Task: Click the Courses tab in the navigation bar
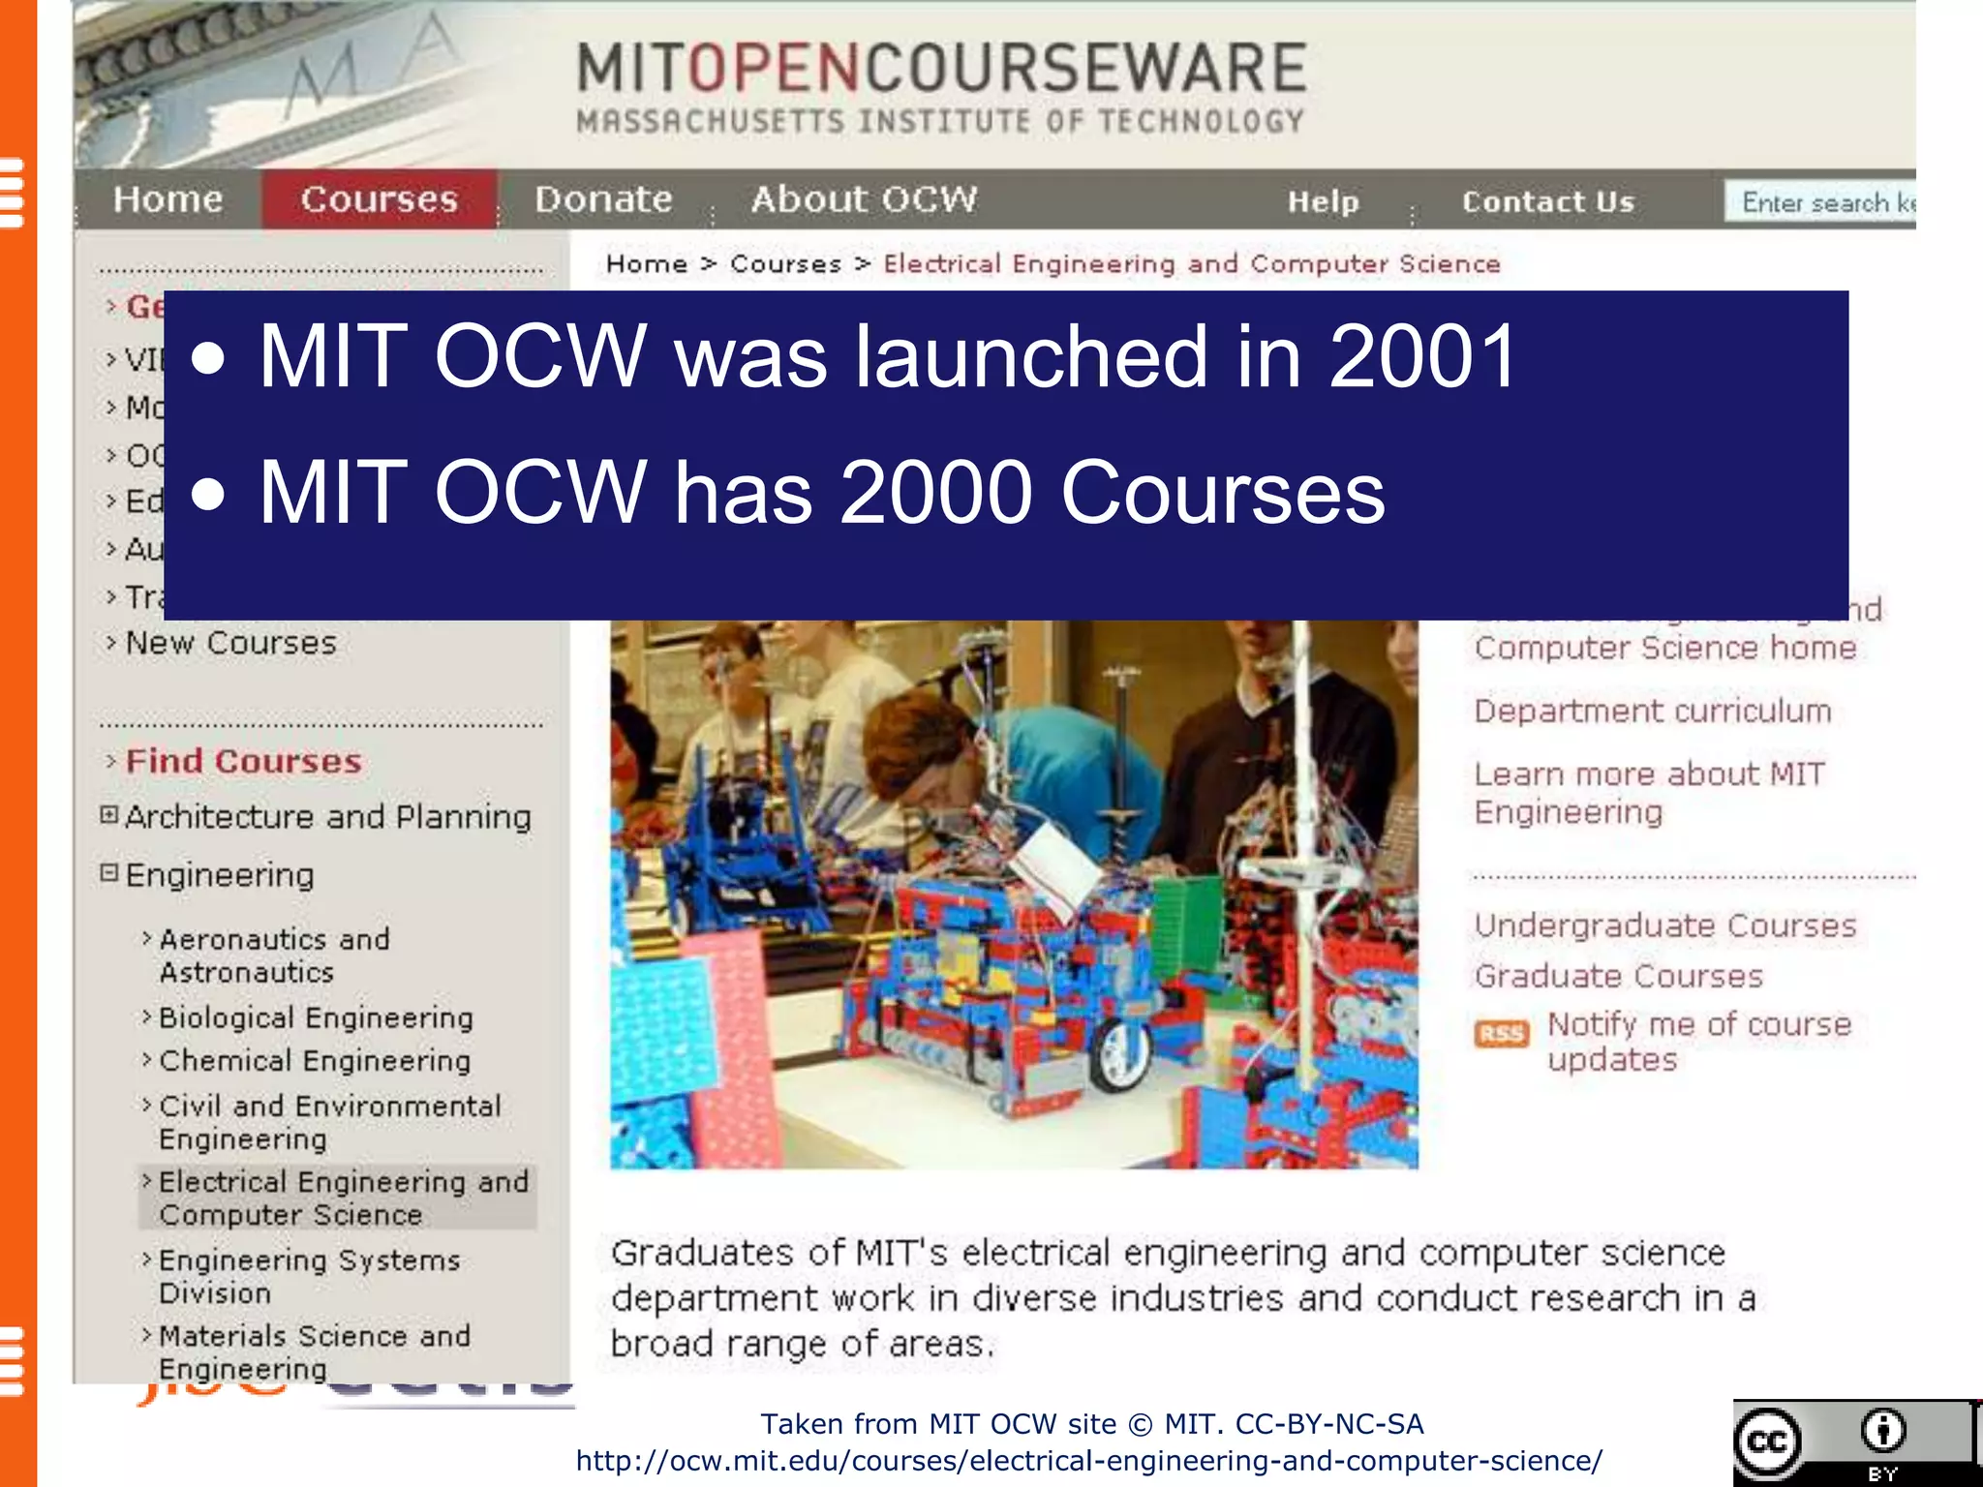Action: [x=379, y=199]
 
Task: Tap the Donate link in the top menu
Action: [x=603, y=199]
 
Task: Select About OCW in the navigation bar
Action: [x=864, y=199]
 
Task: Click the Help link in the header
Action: [x=1323, y=201]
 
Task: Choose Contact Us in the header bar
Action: [x=1547, y=201]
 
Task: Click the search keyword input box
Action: [x=1820, y=201]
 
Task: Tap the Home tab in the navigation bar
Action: [x=168, y=199]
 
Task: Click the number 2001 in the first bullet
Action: [x=1421, y=356]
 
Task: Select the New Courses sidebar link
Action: [x=230, y=643]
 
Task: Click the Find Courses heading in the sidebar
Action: [x=243, y=761]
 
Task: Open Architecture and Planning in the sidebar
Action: [x=327, y=817]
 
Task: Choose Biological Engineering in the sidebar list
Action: [x=316, y=1017]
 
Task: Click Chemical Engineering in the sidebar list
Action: [x=315, y=1061]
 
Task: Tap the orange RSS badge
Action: [x=1501, y=1034]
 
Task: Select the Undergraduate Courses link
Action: [x=1665, y=926]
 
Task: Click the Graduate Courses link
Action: [x=1618, y=976]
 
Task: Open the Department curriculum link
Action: [x=1652, y=711]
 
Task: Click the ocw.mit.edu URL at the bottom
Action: [x=1089, y=1461]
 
